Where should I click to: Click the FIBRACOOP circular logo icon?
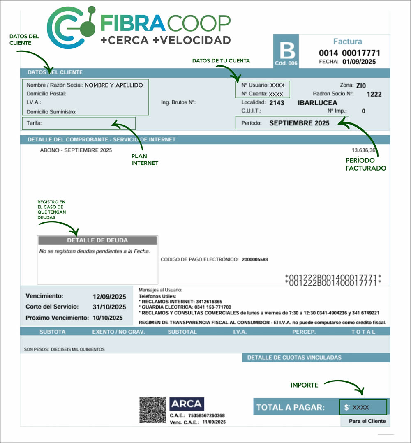[x=71, y=27]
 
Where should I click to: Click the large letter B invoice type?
[x=287, y=51]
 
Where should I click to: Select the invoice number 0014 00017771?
[x=349, y=53]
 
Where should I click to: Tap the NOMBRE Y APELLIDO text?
[x=114, y=85]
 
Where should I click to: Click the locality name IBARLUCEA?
[x=317, y=103]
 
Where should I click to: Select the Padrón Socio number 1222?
[x=374, y=94]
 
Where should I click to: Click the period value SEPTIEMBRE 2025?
[x=299, y=123]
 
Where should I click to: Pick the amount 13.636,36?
[x=363, y=150]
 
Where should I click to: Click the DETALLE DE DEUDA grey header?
[x=97, y=240]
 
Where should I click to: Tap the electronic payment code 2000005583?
[x=255, y=260]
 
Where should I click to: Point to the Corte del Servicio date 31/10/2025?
[x=109, y=307]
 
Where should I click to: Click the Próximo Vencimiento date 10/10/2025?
[x=108, y=318]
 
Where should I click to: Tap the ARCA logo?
[x=187, y=404]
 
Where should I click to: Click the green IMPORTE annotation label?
[x=305, y=385]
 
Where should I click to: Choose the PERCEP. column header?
[x=304, y=332]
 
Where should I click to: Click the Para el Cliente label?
[x=367, y=421]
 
